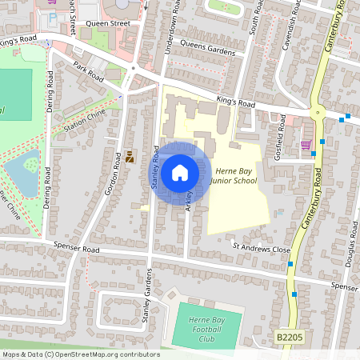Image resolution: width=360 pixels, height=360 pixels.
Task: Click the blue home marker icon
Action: coord(180,172)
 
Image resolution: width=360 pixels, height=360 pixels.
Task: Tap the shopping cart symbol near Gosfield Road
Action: coord(306,145)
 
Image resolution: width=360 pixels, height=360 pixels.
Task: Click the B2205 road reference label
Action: coord(289,339)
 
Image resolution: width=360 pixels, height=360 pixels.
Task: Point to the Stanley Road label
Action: coord(155,168)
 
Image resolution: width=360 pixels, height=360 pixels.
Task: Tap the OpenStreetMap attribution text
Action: coord(80,354)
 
